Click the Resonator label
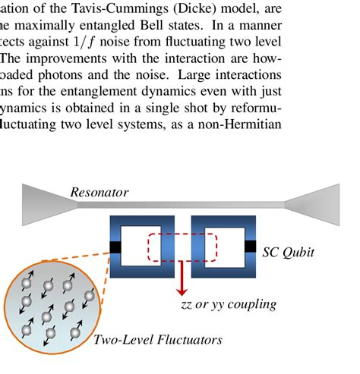(x=99, y=193)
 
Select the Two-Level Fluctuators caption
(x=158, y=339)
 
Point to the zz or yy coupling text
(x=229, y=305)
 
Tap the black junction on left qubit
(x=115, y=247)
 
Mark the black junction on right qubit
(x=250, y=246)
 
